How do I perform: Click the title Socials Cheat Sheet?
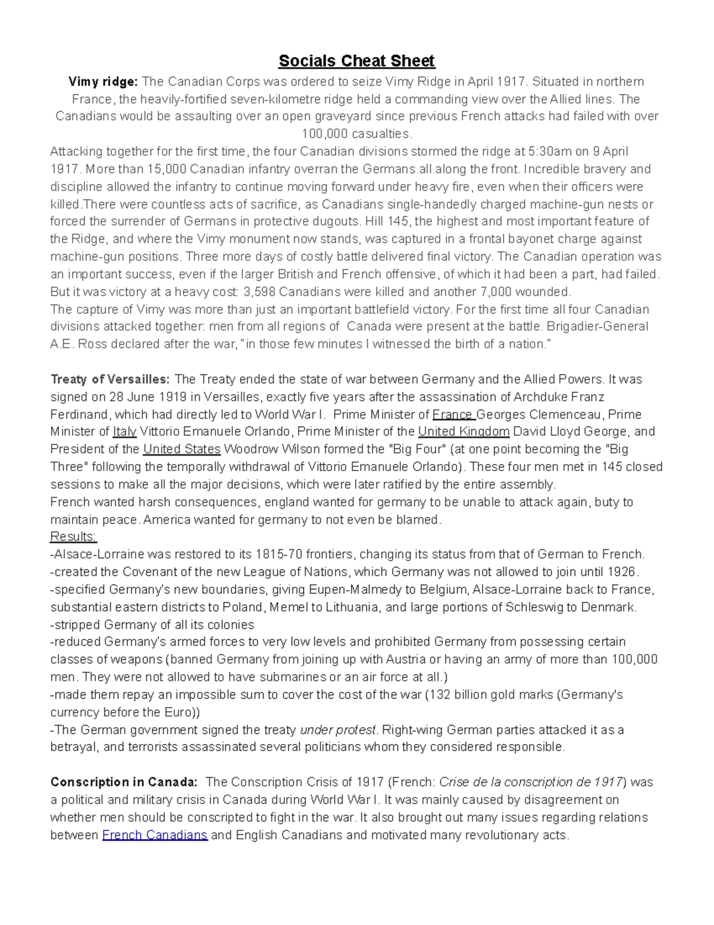[x=356, y=61]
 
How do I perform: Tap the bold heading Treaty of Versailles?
[x=110, y=379]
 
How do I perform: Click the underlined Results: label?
[x=73, y=537]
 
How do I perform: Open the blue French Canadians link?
[x=155, y=835]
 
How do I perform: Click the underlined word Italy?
[x=124, y=432]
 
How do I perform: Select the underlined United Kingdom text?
[x=464, y=432]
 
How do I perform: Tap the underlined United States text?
[x=182, y=449]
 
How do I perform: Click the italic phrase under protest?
[x=338, y=730]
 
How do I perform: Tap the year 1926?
[x=622, y=572]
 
